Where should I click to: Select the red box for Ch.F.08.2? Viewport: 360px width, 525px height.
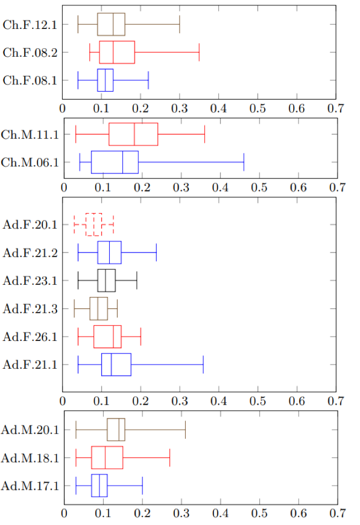pyautogui.click(x=117, y=52)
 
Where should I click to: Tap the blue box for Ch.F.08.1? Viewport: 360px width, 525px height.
pyautogui.click(x=105, y=80)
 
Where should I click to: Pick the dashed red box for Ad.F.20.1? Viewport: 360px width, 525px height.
pyautogui.click(x=94, y=224)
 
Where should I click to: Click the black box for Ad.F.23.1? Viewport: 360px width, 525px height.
pyautogui.click(x=106, y=280)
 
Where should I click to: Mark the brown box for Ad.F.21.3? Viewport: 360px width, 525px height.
pyautogui.click(x=98, y=308)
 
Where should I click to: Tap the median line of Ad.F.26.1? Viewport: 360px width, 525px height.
pyautogui.click(x=113, y=336)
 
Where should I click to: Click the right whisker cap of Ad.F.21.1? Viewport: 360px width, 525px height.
pyautogui.click(x=203, y=364)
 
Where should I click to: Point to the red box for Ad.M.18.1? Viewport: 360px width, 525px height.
pyautogui.click(x=107, y=458)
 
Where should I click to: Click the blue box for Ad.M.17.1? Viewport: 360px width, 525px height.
pyautogui.click(x=99, y=485)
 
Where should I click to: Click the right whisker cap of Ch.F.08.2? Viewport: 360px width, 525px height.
pyautogui.click(x=199, y=52)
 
